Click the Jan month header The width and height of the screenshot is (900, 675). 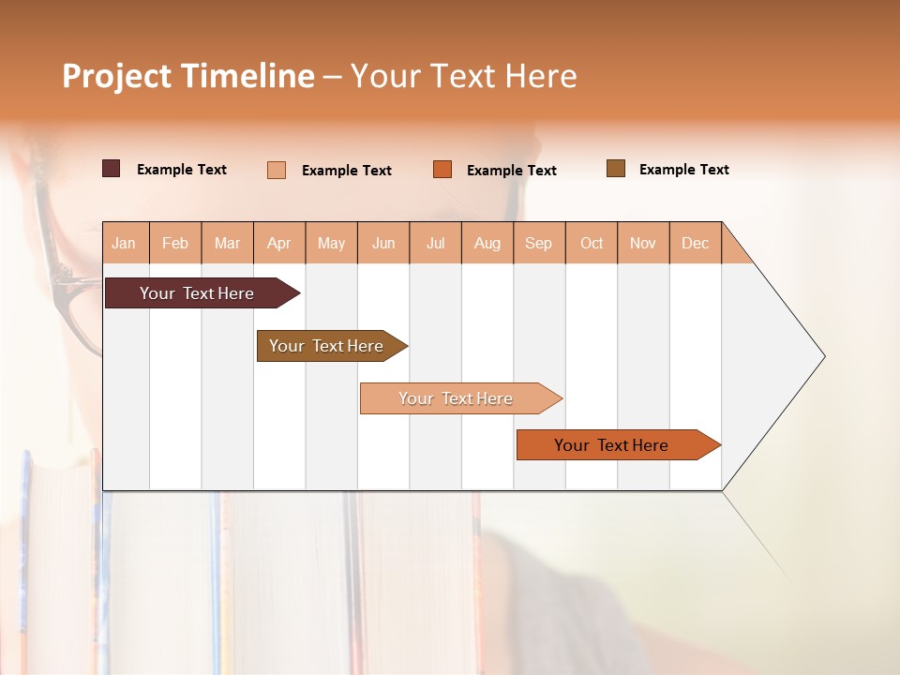pyautogui.click(x=125, y=243)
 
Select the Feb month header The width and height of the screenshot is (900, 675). pyautogui.click(x=175, y=243)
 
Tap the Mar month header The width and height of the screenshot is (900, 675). pyautogui.click(x=227, y=243)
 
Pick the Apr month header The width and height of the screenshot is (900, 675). pyautogui.click(x=279, y=243)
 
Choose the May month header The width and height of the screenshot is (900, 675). pyautogui.click(x=331, y=243)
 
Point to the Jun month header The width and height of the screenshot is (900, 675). pyautogui.click(x=383, y=243)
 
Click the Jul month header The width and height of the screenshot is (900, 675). pyautogui.click(x=435, y=243)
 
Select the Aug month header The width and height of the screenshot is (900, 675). pyautogui.click(x=487, y=243)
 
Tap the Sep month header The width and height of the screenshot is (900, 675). pyautogui.click(x=539, y=243)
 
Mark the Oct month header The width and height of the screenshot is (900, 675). pyautogui.click(x=592, y=243)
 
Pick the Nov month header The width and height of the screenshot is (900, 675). pyautogui.click(x=643, y=243)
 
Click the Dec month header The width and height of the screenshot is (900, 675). pyautogui.click(x=696, y=243)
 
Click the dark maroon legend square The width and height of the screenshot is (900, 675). pyautogui.click(x=112, y=169)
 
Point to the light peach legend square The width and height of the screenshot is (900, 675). pyautogui.click(x=277, y=170)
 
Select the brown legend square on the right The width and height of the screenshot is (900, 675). pyautogui.click(x=616, y=169)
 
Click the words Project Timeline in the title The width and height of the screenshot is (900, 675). pyautogui.click(x=188, y=76)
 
